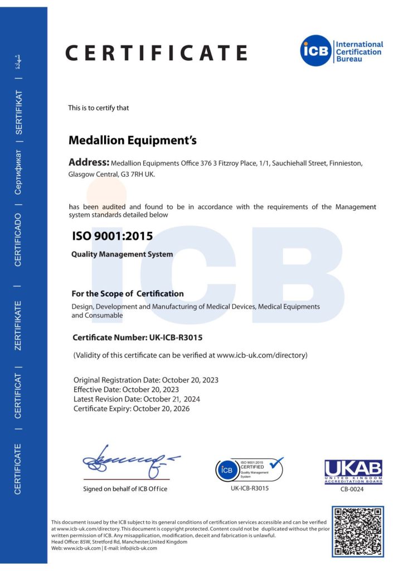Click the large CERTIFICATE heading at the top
156,52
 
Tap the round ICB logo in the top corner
316,51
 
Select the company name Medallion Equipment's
133,141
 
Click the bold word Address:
89,163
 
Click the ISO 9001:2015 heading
113,236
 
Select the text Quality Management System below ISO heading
122,254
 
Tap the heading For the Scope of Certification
128,293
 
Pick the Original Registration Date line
146,380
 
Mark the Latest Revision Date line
137,399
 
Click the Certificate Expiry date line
132,408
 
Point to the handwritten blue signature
129,461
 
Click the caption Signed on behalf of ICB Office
125,489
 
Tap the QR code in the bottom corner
358,531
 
